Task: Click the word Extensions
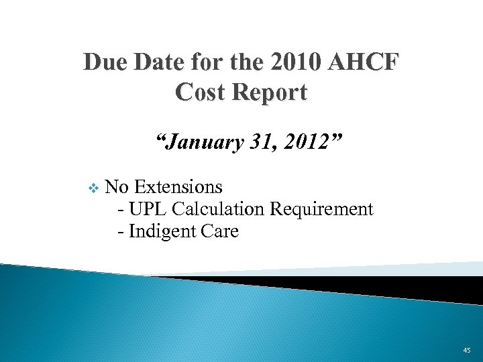tap(178, 186)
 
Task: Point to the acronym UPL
tap(148, 209)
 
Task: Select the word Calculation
tap(219, 209)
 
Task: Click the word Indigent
tap(161, 232)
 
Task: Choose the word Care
tap(219, 232)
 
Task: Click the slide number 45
tap(467, 350)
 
